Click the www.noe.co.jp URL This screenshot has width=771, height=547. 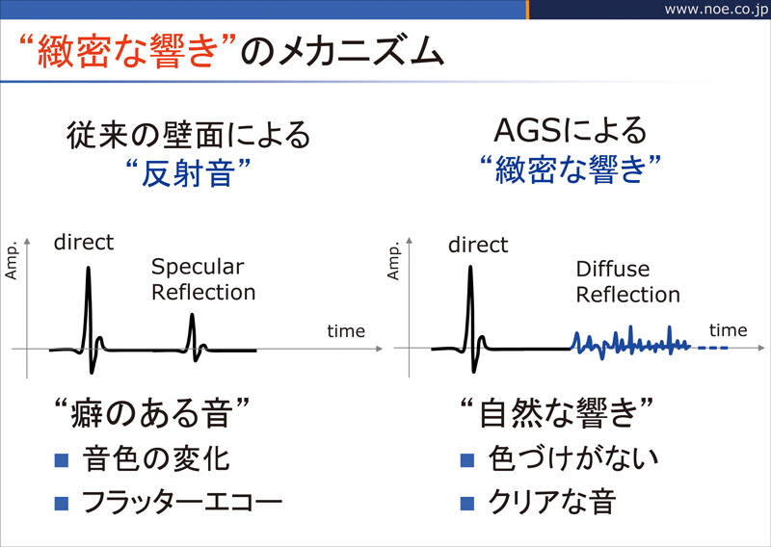point(716,10)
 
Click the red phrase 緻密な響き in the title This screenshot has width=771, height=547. point(127,52)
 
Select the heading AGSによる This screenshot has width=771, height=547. point(570,131)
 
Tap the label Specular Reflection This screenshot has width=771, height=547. point(203,279)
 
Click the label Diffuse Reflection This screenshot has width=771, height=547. point(628,282)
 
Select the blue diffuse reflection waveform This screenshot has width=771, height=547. point(631,343)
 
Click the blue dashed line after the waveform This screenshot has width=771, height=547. point(712,349)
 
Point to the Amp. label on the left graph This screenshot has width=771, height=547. point(11,260)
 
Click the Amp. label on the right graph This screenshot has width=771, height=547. point(393,260)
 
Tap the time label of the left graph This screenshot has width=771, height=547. point(346,331)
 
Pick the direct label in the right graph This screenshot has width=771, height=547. point(478,245)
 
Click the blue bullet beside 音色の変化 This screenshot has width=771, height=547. point(62,460)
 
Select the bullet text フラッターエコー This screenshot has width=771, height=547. point(182,503)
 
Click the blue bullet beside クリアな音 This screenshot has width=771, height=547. point(467,503)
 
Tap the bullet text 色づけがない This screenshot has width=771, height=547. point(573,459)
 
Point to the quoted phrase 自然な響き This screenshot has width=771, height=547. point(557,412)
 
